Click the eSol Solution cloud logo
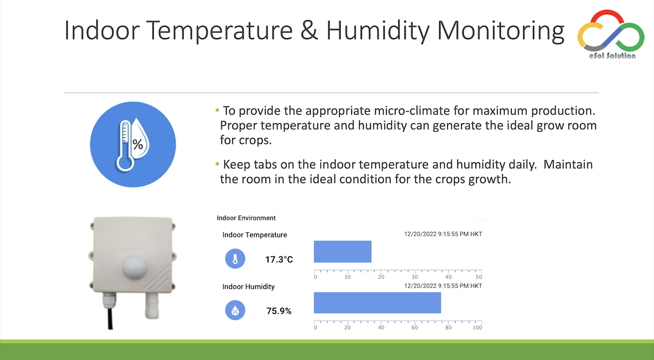pyautogui.click(x=611, y=34)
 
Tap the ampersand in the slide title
pyautogui.click(x=309, y=30)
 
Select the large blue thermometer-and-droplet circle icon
pyautogui.click(x=133, y=144)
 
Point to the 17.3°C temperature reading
pyautogui.click(x=279, y=259)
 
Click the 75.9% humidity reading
pyautogui.click(x=279, y=311)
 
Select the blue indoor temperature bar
pyautogui.click(x=342, y=252)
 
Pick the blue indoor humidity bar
pyautogui.click(x=377, y=303)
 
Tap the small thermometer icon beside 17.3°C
pyautogui.click(x=235, y=259)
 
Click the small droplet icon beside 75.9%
pyautogui.click(x=235, y=310)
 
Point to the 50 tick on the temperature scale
pyautogui.click(x=479, y=277)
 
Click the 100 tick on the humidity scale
pyautogui.click(x=477, y=328)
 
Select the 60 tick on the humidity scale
pyautogui.click(x=415, y=328)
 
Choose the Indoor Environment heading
pyautogui.click(x=246, y=218)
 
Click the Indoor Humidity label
pyautogui.click(x=249, y=287)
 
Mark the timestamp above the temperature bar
pyautogui.click(x=443, y=234)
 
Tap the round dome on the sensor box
pyautogui.click(x=134, y=267)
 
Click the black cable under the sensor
pyautogui.click(x=110, y=319)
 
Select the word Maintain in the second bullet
pyautogui.click(x=568, y=164)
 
